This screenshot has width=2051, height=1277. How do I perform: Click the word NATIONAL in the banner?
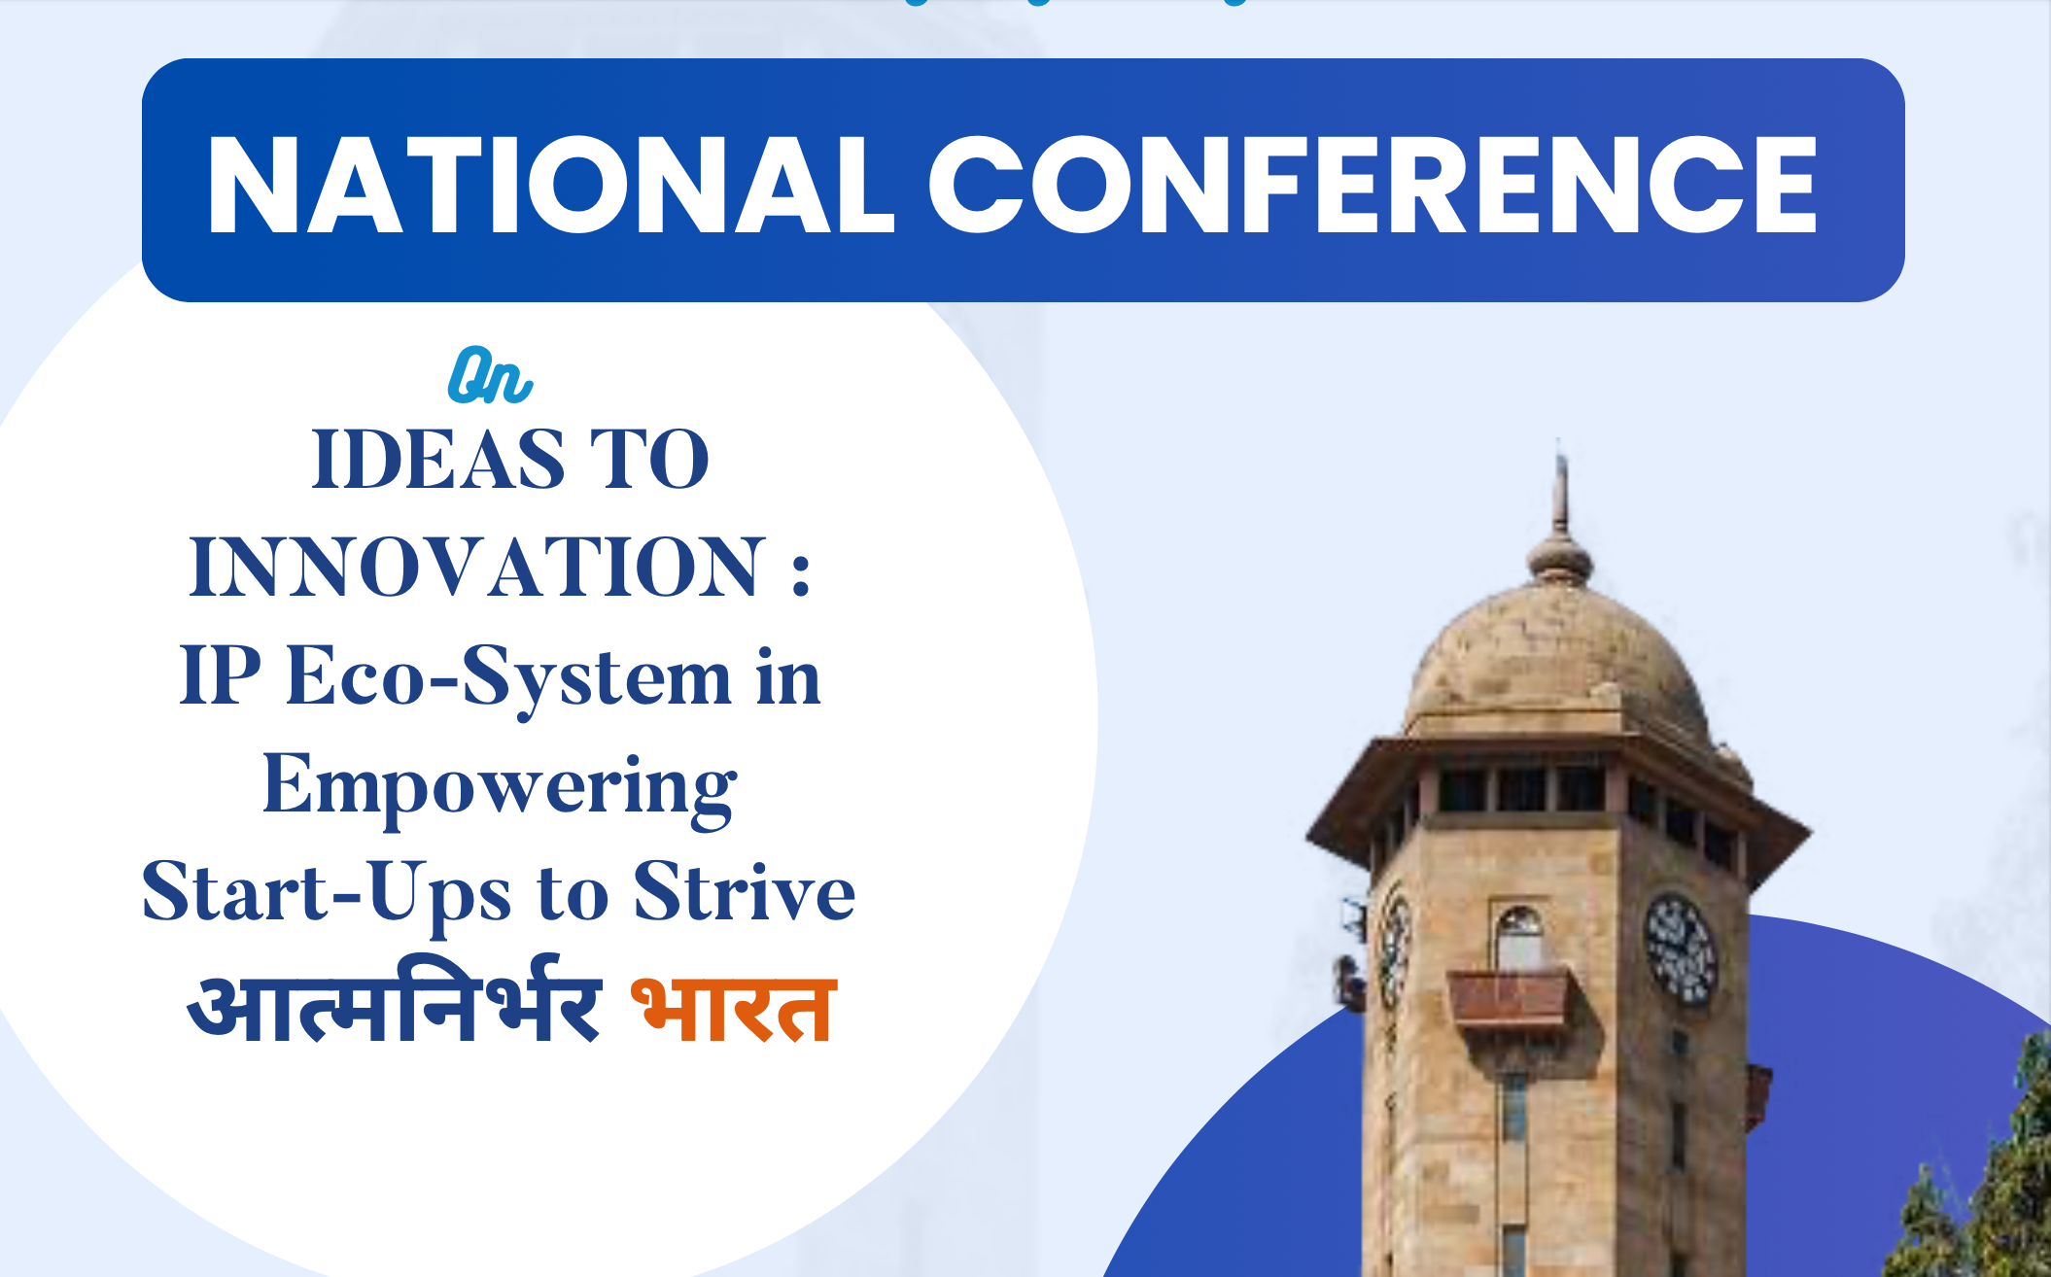click(x=550, y=185)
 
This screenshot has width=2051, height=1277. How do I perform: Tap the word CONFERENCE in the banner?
click(x=1373, y=185)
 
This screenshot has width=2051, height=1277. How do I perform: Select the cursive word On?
click(x=490, y=376)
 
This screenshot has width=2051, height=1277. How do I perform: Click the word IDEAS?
click(x=438, y=460)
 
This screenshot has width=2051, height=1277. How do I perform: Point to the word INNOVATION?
click(x=477, y=568)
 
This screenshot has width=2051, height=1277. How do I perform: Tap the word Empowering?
click(x=500, y=788)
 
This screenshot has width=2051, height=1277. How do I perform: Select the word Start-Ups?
click(x=327, y=894)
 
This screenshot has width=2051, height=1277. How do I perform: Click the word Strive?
click(x=745, y=890)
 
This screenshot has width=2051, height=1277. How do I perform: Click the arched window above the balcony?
click(x=1518, y=938)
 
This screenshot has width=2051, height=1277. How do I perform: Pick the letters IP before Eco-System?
click(x=221, y=675)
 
